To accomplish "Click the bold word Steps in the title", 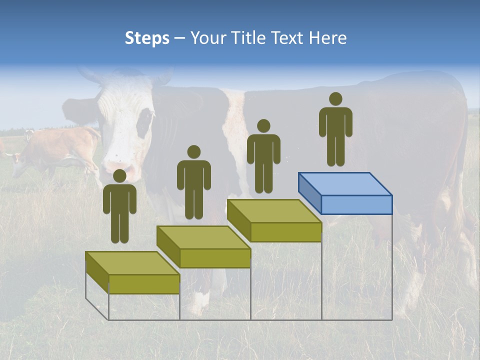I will point(147,38).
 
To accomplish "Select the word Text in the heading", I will point(288,38).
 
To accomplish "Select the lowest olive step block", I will point(132,273).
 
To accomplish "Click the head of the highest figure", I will point(335,99).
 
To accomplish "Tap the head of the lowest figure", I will point(119,176).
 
